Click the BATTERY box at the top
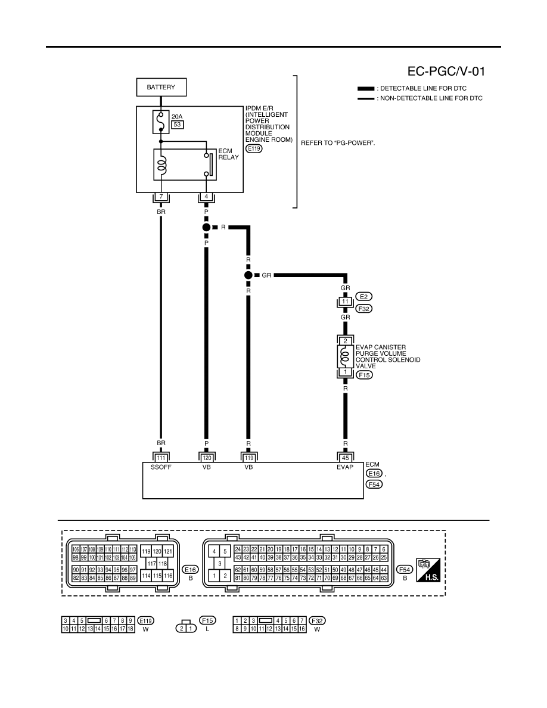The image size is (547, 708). [161, 87]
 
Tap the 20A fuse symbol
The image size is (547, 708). [161, 122]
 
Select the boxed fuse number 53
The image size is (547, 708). [178, 125]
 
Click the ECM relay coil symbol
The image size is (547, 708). [161, 165]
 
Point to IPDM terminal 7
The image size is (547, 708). [161, 197]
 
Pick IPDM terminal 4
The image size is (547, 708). [206, 197]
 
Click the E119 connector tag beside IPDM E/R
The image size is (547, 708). [254, 148]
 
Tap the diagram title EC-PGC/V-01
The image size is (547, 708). [446, 72]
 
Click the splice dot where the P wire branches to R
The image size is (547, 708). [206, 227]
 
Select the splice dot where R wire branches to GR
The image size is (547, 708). [248, 275]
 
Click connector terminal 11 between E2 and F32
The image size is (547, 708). [345, 302]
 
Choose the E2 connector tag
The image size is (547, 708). [363, 297]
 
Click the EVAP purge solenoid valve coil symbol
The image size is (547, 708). [345, 356]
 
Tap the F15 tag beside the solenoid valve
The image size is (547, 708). [364, 375]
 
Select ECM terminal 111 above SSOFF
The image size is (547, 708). [161, 458]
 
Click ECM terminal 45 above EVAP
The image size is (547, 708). [345, 458]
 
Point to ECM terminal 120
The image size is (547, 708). [206, 458]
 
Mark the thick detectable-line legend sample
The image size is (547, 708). [366, 88]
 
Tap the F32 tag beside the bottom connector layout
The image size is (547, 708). [317, 621]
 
